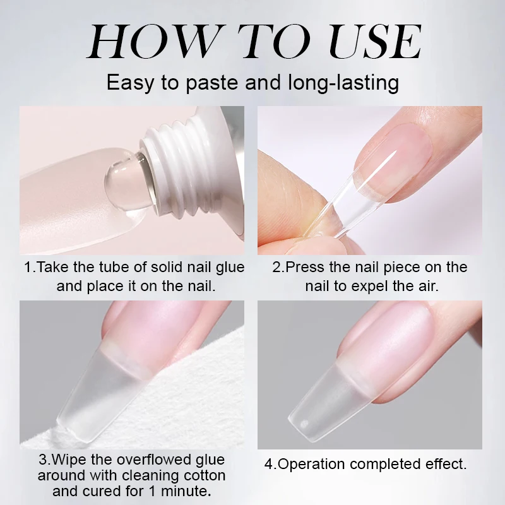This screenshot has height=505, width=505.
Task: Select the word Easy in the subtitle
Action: click(x=130, y=83)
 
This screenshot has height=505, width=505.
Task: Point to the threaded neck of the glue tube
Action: click(x=174, y=158)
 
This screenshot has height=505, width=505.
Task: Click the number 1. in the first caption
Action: click(x=30, y=267)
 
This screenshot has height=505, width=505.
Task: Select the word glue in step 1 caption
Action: click(x=230, y=267)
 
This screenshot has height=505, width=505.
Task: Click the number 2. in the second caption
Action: click(x=278, y=267)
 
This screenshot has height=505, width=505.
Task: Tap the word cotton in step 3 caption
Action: click(x=204, y=475)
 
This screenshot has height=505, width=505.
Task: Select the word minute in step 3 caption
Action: click(x=187, y=490)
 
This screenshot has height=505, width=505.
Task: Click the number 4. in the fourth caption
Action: click(x=270, y=465)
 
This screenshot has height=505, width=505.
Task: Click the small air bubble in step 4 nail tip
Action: click(x=305, y=421)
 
